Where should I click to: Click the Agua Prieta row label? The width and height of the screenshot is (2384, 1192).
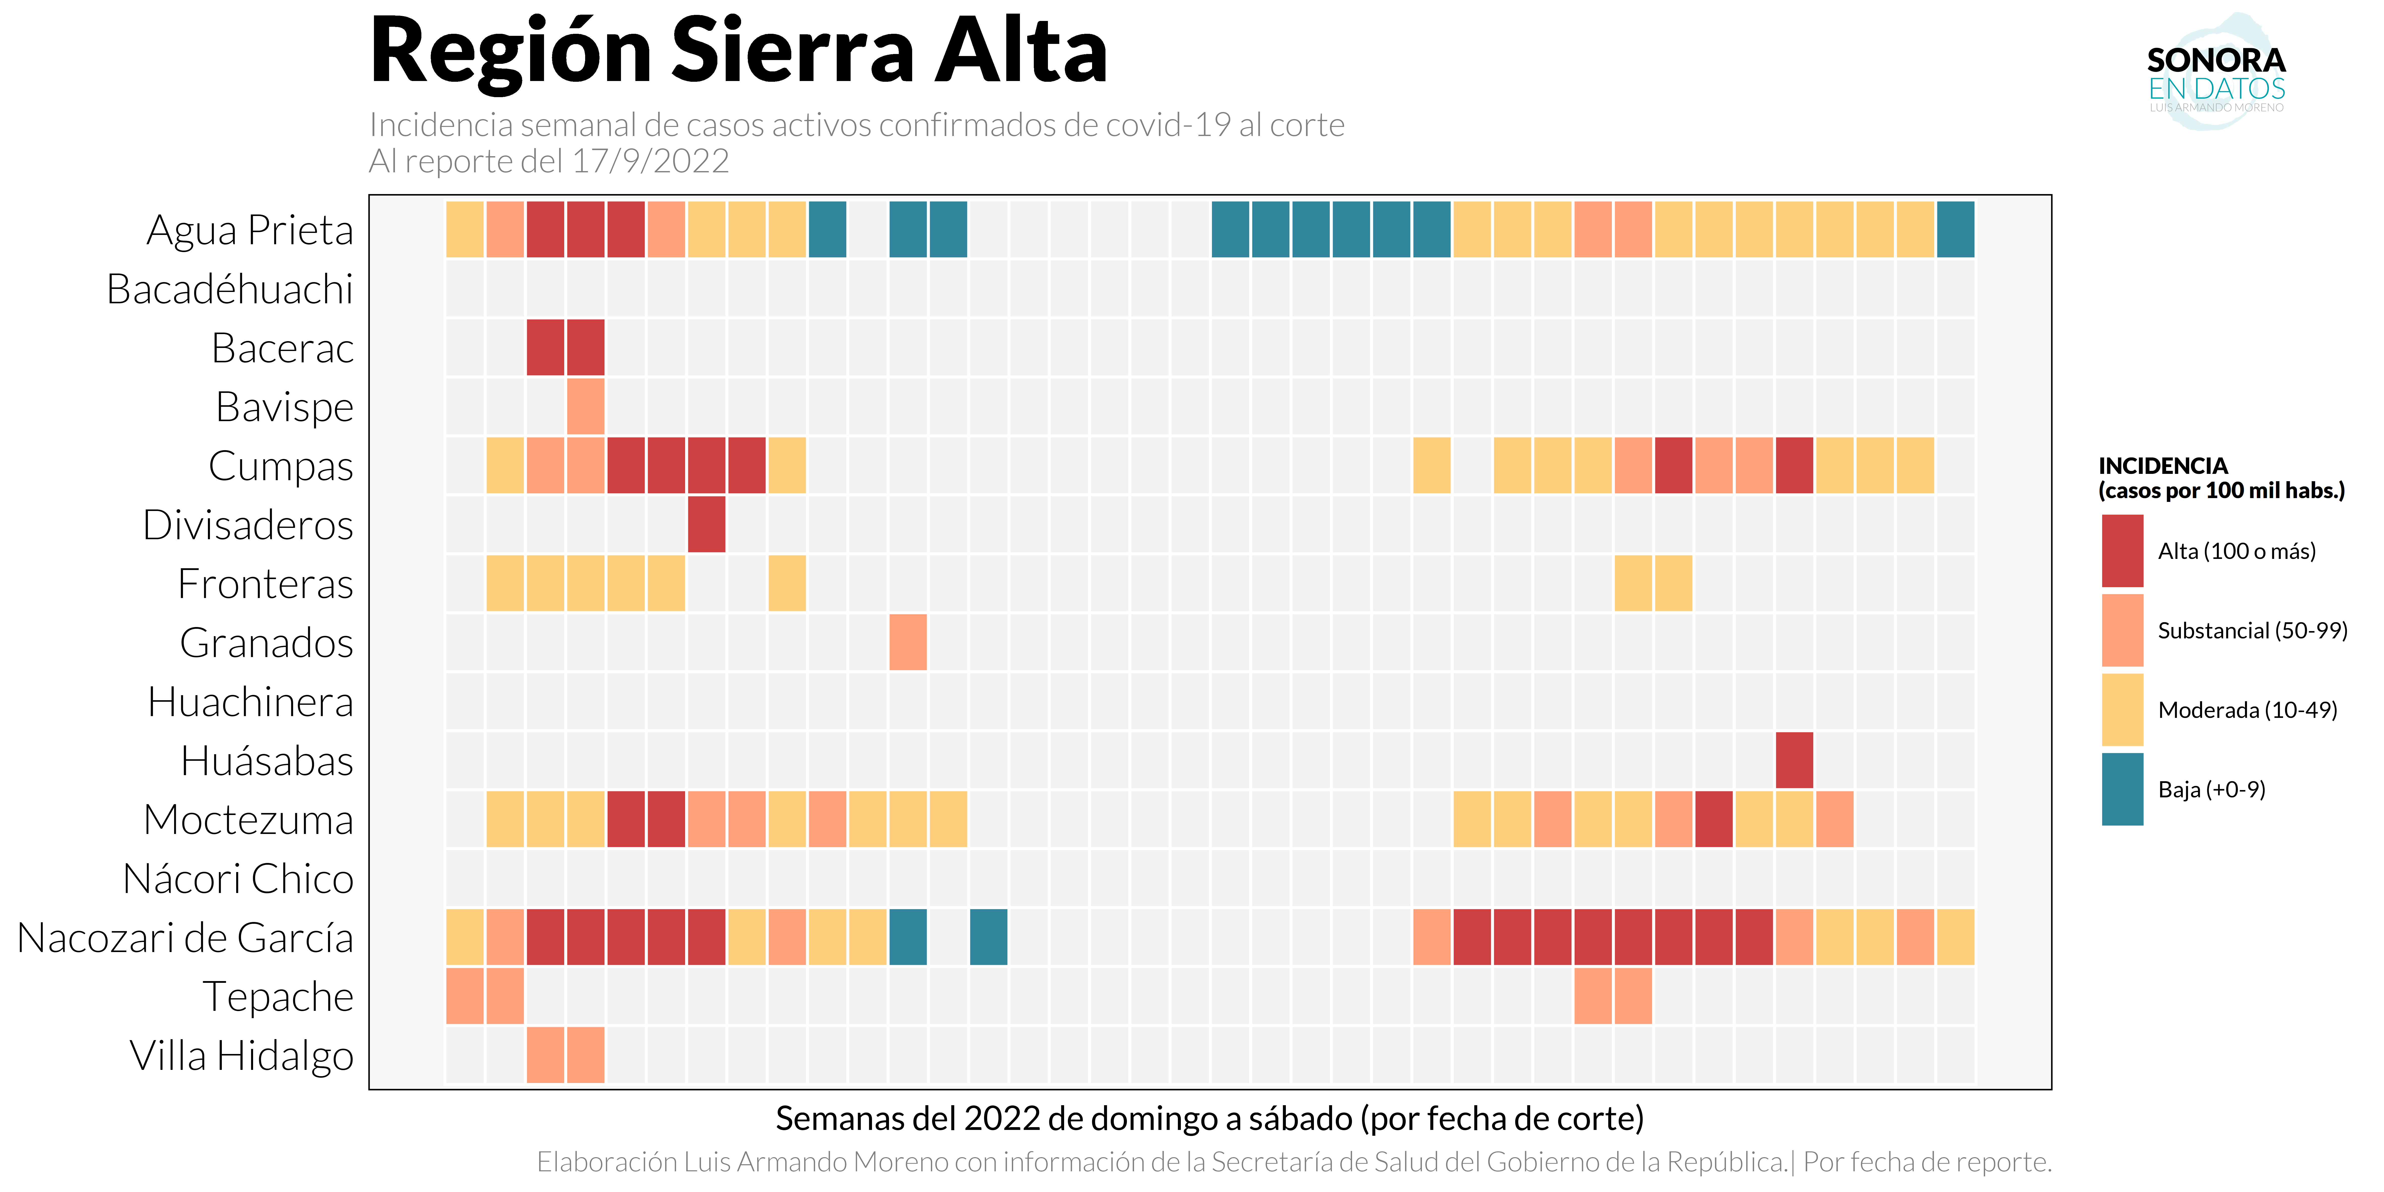coord(250,230)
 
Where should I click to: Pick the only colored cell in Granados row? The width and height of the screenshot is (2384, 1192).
coord(908,642)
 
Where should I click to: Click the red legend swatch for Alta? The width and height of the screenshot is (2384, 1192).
coord(2122,552)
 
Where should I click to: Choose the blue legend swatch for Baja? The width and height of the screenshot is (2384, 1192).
coord(2122,790)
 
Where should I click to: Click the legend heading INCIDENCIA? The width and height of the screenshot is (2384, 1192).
coord(2163,466)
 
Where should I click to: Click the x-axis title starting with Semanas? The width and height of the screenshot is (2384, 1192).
coord(1209,1119)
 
